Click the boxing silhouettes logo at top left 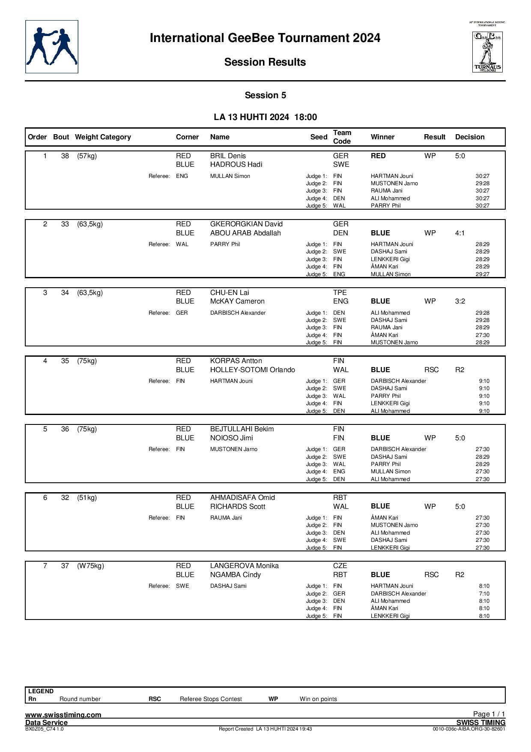(52, 47)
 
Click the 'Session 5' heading (265, 96)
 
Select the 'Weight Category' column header (103, 137)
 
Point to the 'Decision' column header (470, 137)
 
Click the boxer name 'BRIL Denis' (228, 156)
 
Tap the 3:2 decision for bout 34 (460, 301)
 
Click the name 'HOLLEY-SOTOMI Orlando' (252, 370)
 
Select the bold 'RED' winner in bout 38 (378, 156)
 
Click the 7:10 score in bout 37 (484, 594)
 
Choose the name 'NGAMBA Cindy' (235, 575)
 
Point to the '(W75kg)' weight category (90, 566)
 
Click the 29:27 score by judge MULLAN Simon (482, 274)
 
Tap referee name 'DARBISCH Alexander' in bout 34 (238, 313)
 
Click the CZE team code (340, 566)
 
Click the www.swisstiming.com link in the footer (63, 715)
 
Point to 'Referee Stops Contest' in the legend (211, 699)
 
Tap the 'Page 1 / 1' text (489, 714)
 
